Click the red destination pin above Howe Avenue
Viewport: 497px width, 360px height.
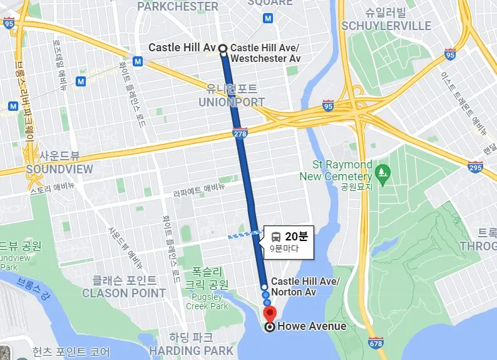click(x=270, y=313)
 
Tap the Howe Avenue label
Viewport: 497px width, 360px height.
click(x=311, y=326)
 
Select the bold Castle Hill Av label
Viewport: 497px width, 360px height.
click(x=182, y=48)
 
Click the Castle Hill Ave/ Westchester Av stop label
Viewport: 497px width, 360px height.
click(x=265, y=53)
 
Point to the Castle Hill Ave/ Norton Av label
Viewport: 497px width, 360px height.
click(x=305, y=287)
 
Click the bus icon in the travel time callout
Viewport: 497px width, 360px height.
click(x=276, y=237)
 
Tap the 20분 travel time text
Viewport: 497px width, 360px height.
click(x=296, y=237)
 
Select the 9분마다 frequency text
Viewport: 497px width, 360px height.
click(x=285, y=249)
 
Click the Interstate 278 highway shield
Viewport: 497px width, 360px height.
click(x=242, y=132)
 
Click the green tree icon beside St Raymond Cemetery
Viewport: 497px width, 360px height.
click(x=381, y=170)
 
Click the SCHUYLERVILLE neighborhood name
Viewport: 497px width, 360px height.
click(x=386, y=26)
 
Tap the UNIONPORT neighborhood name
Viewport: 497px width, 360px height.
click(x=232, y=101)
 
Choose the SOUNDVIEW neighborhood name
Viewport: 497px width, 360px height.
click(x=59, y=169)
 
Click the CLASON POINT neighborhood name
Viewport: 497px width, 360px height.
click(x=124, y=292)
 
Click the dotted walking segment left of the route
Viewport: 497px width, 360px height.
click(x=245, y=235)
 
